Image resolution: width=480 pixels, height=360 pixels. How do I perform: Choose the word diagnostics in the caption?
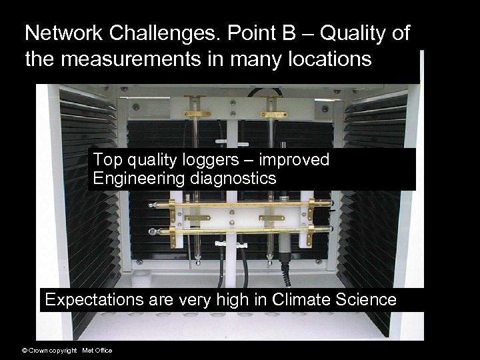point(233,179)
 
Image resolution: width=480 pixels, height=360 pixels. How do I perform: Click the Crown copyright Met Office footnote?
point(67,351)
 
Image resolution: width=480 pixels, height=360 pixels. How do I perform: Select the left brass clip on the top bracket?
point(198,114)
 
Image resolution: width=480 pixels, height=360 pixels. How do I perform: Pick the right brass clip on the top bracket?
point(274,114)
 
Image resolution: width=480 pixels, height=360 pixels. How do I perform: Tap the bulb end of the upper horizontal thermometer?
point(153,205)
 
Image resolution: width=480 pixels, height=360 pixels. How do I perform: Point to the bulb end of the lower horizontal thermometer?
point(153,231)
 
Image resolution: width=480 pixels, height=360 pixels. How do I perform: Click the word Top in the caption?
point(105,160)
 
